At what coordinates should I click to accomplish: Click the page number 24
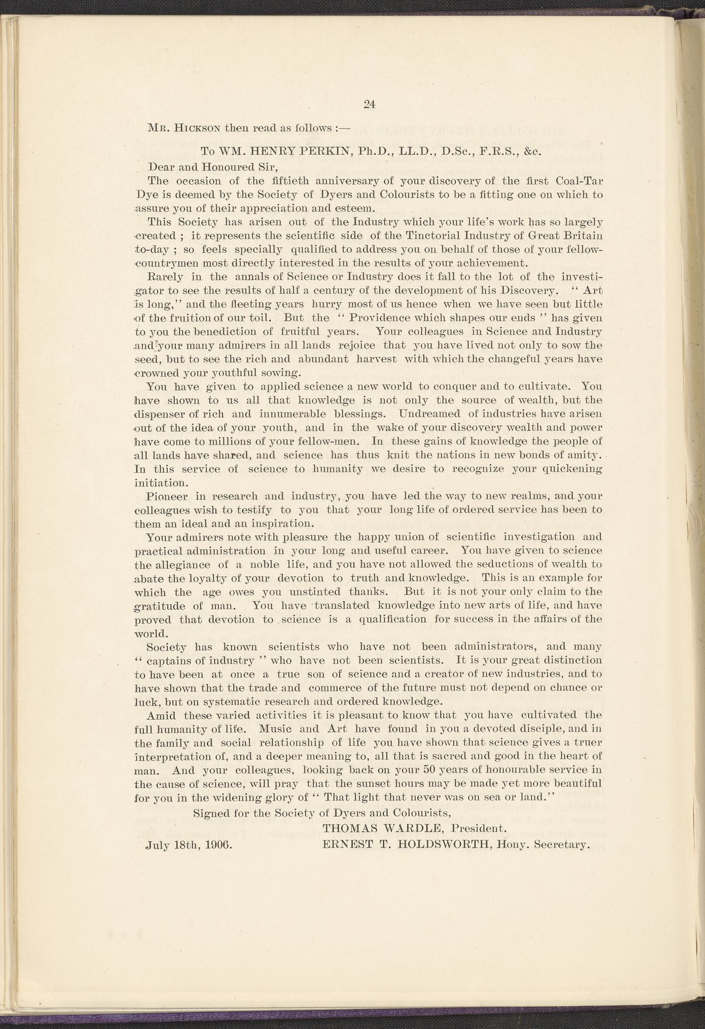[x=370, y=105]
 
